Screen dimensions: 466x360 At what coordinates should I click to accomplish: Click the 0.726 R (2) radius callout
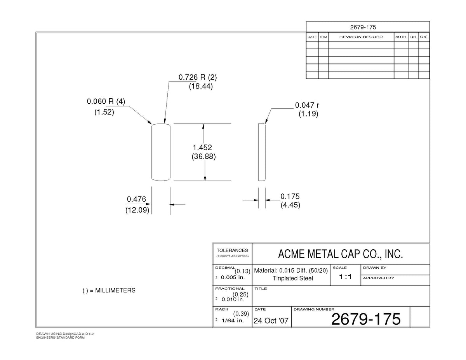(x=198, y=77)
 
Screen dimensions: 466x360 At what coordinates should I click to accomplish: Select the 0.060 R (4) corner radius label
(x=106, y=101)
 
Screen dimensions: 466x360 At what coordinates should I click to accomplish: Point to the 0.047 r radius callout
(x=307, y=105)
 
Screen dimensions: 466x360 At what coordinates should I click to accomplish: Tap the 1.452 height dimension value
(x=202, y=147)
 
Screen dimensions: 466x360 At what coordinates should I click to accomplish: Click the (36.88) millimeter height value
(x=203, y=157)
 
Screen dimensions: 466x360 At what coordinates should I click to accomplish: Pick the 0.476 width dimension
(x=136, y=199)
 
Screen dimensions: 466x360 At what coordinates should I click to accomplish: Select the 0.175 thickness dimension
(x=290, y=197)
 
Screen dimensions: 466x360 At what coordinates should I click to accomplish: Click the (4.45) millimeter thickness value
(x=290, y=205)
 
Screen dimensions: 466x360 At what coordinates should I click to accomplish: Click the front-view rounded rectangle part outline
(x=151, y=152)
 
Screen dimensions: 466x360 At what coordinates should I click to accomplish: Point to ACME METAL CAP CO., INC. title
(x=341, y=254)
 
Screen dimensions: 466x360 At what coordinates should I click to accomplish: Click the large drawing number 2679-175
(x=366, y=319)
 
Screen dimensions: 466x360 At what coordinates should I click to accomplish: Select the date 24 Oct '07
(x=271, y=321)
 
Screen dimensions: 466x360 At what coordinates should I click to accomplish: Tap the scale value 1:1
(x=345, y=277)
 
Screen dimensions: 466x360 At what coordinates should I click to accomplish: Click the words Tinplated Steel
(x=293, y=278)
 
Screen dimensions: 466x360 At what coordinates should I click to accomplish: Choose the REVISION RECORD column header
(x=361, y=37)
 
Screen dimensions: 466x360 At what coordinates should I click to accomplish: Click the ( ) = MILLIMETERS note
(x=109, y=290)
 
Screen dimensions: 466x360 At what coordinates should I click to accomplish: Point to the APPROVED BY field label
(x=379, y=278)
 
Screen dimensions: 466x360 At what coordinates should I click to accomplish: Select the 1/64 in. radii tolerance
(x=233, y=320)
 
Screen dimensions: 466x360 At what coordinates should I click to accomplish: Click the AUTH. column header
(x=401, y=37)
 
